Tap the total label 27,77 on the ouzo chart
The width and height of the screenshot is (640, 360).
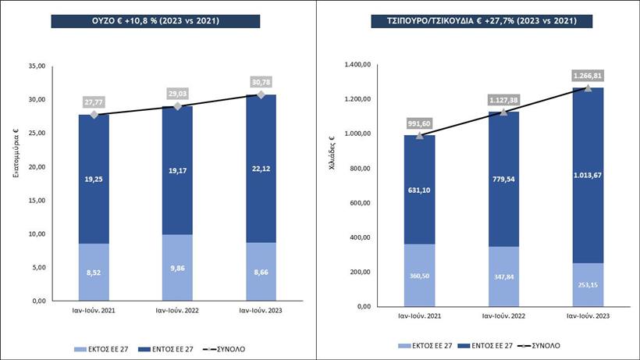click(x=94, y=102)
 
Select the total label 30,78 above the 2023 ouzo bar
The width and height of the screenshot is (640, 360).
click(x=261, y=81)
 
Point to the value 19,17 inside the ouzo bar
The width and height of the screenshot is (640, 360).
click(x=177, y=179)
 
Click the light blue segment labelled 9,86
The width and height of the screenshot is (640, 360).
click(x=177, y=267)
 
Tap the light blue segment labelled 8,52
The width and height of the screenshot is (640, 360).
click(x=94, y=273)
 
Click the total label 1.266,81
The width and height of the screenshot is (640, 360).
click(x=588, y=76)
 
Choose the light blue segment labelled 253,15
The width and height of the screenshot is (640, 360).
click(x=588, y=284)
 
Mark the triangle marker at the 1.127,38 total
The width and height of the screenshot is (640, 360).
click(x=503, y=112)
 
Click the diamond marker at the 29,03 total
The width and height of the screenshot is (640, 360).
click(x=178, y=106)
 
